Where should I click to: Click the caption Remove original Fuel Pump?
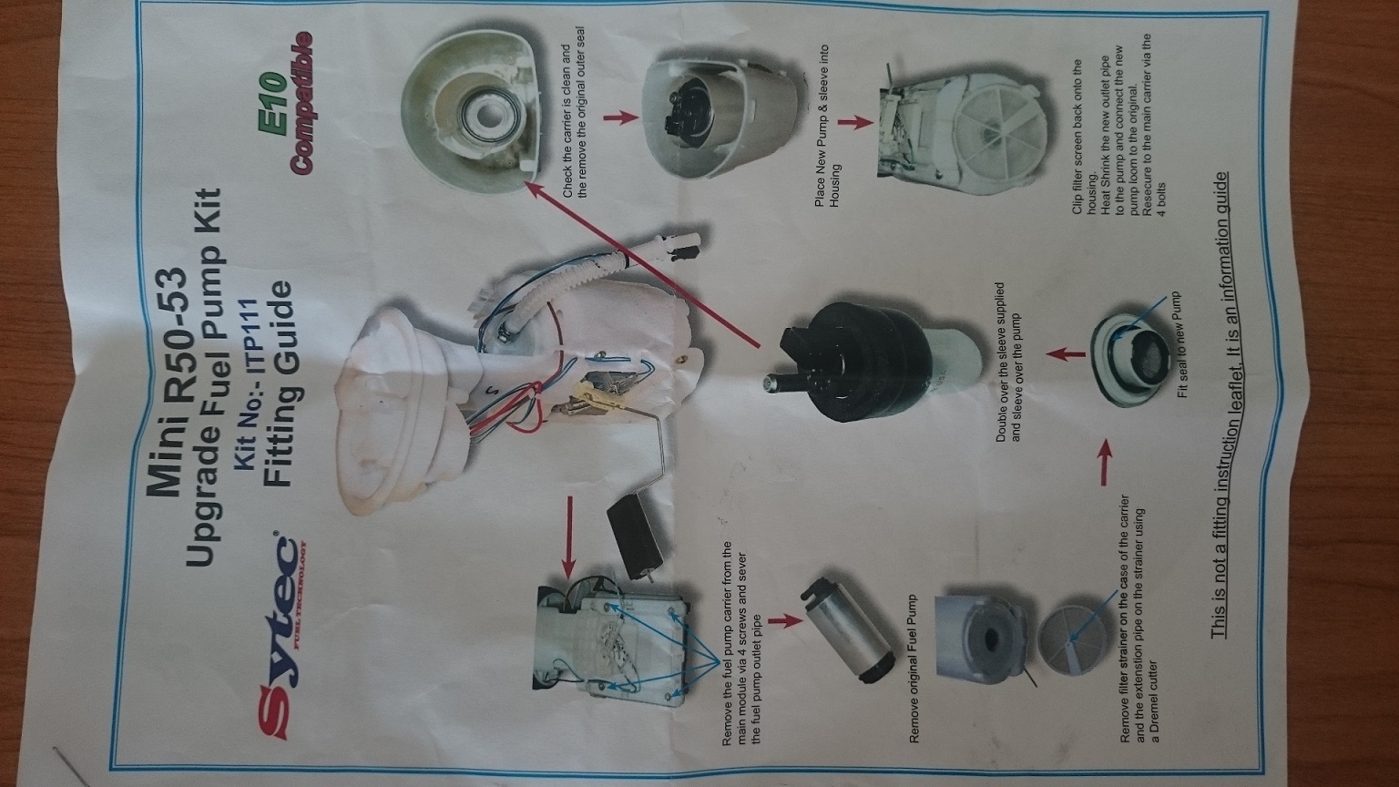tap(914, 668)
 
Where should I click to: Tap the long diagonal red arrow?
tap(642, 263)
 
